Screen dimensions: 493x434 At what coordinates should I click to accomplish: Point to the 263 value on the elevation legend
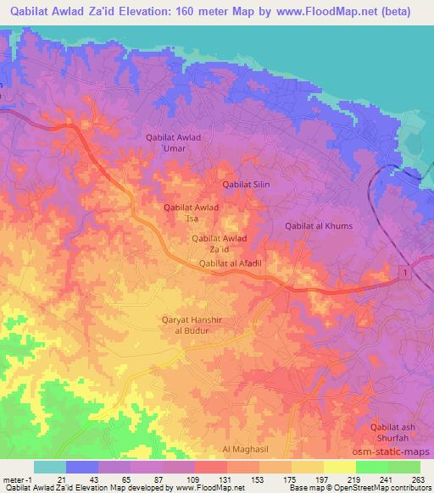[x=420, y=479]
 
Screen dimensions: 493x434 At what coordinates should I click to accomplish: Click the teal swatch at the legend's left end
[x=50, y=467]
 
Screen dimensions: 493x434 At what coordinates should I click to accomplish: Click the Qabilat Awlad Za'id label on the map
[x=220, y=244]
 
